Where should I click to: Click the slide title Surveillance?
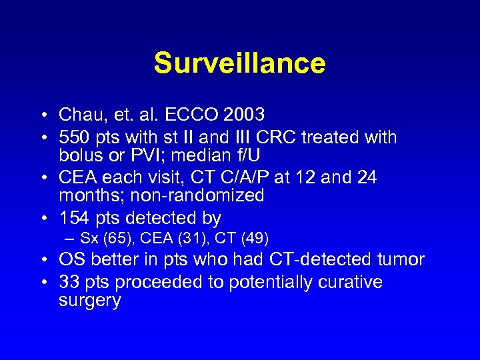(x=239, y=63)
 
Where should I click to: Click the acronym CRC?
(x=274, y=138)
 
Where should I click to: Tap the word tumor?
(x=401, y=259)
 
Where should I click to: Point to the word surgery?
(x=90, y=300)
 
